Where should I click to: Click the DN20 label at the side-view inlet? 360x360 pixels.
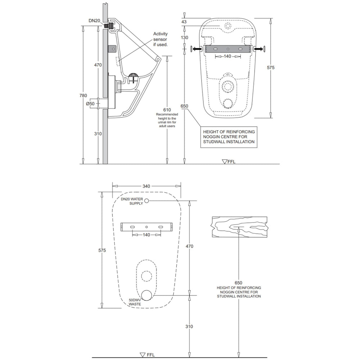94,21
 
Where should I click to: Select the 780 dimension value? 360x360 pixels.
84,95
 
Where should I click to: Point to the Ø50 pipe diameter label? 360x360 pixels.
90,104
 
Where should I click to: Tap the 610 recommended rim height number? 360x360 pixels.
167,110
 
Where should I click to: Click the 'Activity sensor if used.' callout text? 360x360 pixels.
161,39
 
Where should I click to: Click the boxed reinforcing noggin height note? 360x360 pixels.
229,137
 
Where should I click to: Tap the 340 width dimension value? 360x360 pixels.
146,186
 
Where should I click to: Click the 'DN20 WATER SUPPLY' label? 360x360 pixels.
132,201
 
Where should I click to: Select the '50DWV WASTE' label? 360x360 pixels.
135,302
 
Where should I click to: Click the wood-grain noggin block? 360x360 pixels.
239,227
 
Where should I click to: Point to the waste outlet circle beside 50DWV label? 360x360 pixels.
147,295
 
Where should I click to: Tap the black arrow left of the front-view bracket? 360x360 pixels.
196,49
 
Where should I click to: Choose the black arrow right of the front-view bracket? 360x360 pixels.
257,49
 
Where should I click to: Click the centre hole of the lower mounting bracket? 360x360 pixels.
147,227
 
